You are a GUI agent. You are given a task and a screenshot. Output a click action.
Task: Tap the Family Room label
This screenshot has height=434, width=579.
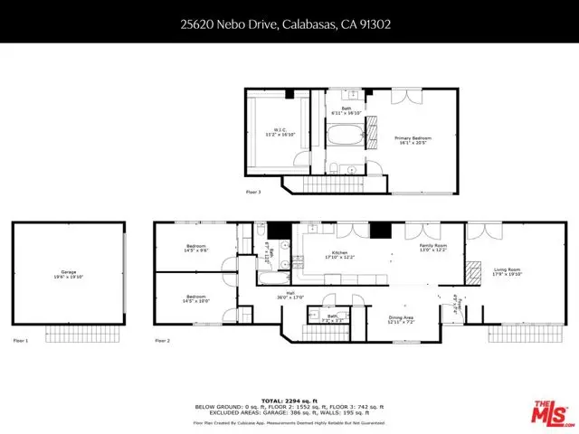coord(432,248)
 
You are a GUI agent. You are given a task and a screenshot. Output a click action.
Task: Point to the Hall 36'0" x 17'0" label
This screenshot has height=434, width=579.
coord(289,294)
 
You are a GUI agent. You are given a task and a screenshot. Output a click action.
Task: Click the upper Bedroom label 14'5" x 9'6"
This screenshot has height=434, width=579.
coord(196,249)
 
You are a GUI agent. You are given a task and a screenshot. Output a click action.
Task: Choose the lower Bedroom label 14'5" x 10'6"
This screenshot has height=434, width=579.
coord(196,298)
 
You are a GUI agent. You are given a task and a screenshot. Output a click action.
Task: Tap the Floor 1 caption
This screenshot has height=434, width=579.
coord(21,341)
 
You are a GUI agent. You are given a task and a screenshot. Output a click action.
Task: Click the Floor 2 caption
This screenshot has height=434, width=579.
coord(163,341)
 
